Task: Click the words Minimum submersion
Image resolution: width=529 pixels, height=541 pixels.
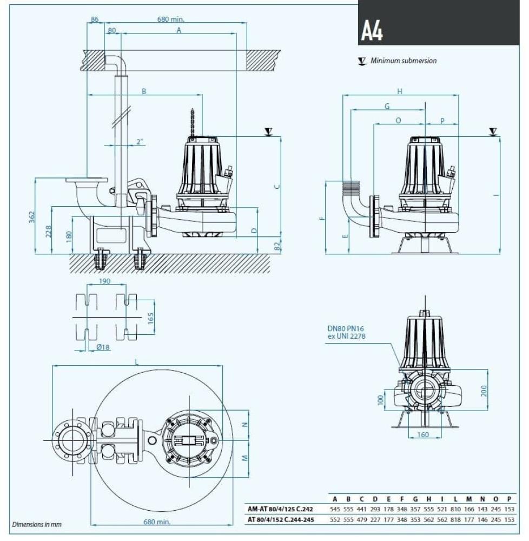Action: point(403,61)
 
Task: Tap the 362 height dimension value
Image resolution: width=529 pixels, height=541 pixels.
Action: point(32,216)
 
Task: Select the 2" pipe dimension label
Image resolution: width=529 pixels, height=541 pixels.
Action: point(140,142)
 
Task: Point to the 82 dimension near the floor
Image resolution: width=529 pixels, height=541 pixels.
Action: point(277,246)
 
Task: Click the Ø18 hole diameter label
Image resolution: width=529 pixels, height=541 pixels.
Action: point(103,347)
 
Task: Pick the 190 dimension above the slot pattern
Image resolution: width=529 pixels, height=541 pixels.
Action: point(105,281)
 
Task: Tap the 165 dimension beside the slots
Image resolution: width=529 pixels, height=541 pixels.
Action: point(150,316)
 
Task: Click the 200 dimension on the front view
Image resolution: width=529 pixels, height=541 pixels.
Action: point(484,390)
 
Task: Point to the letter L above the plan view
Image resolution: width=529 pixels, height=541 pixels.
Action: point(136,362)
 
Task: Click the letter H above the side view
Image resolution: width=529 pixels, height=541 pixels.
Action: point(400,91)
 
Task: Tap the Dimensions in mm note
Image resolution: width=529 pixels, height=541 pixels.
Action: point(37,524)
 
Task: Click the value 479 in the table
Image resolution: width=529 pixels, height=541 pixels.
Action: point(362,519)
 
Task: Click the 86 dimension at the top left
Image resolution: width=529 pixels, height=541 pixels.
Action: point(95,19)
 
